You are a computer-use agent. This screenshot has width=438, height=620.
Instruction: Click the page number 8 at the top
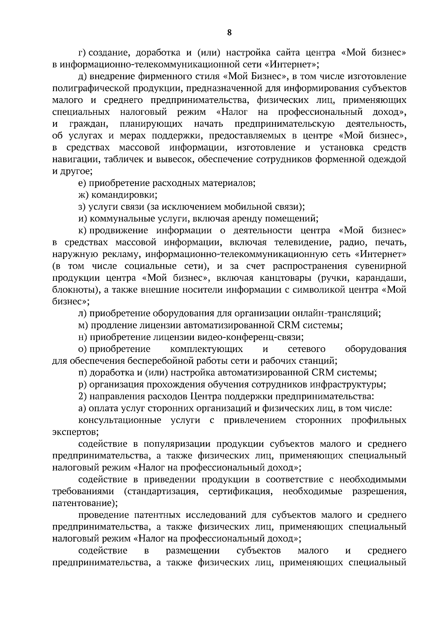[x=229, y=32]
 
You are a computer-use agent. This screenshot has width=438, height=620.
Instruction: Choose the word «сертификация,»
[x=241, y=491]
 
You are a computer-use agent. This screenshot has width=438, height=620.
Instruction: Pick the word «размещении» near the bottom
[x=193, y=550]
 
